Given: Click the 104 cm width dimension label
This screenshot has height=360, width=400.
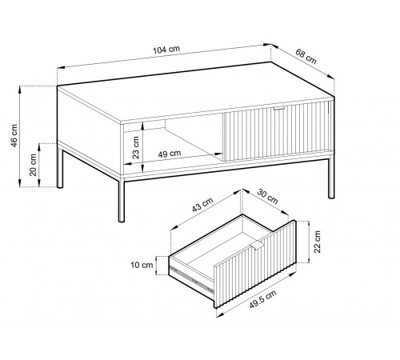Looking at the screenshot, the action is click(166, 50).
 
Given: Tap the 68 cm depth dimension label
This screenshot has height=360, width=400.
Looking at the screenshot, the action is click(306, 57).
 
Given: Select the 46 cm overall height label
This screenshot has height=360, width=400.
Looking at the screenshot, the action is click(14, 135).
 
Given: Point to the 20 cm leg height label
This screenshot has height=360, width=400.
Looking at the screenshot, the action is click(33, 165).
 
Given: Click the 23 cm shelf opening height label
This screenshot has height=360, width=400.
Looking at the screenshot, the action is click(136, 147).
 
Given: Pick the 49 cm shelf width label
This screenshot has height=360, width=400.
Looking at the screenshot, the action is click(170, 154).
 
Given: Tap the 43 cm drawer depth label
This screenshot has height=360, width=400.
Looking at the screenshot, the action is click(202, 204).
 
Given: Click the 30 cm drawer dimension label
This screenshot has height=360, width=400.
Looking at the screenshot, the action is click(267, 196).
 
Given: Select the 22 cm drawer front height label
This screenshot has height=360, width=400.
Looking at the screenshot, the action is click(317, 242).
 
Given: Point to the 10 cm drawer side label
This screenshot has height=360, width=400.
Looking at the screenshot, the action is click(142, 265).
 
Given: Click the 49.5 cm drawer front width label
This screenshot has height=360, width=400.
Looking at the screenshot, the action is click(263, 299).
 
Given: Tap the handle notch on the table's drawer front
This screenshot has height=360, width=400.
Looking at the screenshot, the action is click(278, 108).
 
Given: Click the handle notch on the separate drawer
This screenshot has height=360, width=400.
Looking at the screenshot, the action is click(258, 246).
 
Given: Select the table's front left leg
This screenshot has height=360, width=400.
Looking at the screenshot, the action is click(122, 200).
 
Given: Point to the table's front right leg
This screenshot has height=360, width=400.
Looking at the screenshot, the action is click(331, 178).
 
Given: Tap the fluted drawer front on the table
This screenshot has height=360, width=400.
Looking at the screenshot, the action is click(278, 131).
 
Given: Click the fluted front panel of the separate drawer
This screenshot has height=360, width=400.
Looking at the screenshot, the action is click(255, 264).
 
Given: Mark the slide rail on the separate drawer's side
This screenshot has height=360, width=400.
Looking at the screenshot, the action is click(191, 279).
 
